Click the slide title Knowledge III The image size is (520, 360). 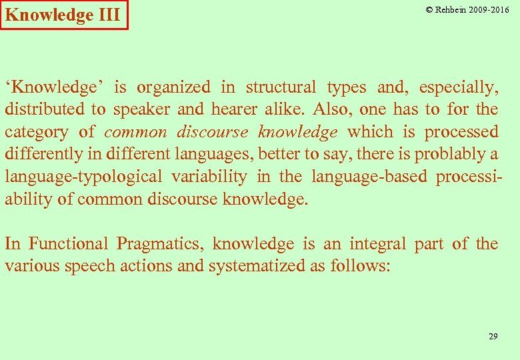63,15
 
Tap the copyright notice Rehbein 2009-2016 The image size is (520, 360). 467,10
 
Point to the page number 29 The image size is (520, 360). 493,337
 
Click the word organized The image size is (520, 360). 173,87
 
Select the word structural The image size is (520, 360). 281,87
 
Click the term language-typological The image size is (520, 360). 83,177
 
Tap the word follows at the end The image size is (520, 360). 359,267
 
